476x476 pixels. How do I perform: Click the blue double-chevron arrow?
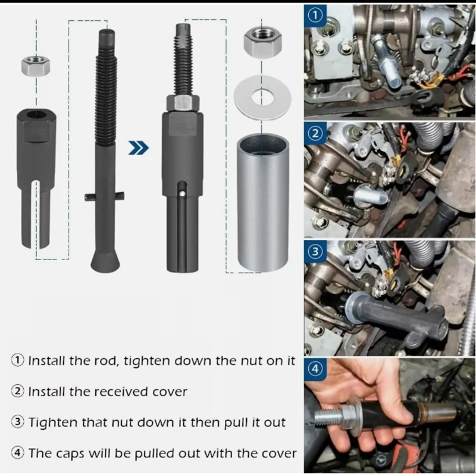[139, 148]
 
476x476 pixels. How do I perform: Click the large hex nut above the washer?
[262, 42]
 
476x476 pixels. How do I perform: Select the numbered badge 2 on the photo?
[315, 133]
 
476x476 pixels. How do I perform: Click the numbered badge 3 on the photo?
[315, 252]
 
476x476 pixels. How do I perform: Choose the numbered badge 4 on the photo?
[315, 369]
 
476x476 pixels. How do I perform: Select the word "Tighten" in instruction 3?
[53, 422]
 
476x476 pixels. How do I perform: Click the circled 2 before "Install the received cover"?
[18, 392]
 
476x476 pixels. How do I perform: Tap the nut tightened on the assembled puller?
[183, 103]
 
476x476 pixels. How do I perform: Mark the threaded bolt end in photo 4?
[328, 417]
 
